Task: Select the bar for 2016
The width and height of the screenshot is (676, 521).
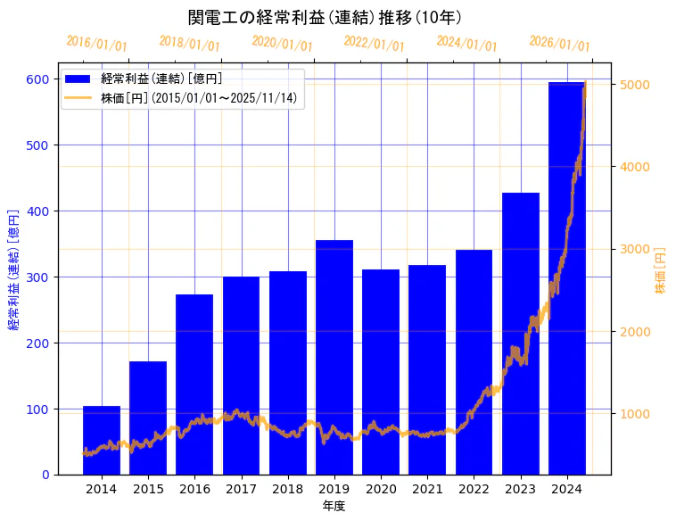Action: coord(194,385)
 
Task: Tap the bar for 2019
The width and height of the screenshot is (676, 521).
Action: coord(334,357)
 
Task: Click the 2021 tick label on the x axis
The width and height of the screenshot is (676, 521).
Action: coord(427,489)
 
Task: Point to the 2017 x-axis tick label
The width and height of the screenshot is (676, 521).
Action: coord(241,489)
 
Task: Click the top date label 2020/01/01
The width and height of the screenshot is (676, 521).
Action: coord(282,44)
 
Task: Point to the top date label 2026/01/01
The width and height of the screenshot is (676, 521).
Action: coord(559,44)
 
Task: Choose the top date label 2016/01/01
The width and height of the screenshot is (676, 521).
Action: coord(96,44)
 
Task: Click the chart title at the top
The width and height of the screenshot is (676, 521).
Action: coord(325,18)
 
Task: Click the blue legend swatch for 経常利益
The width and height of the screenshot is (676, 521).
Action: coord(78,79)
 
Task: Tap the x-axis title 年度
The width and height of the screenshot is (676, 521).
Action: coord(334,506)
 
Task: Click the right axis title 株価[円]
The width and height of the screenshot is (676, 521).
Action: coord(661,271)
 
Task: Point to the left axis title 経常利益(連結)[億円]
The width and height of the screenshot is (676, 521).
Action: coord(13,270)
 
